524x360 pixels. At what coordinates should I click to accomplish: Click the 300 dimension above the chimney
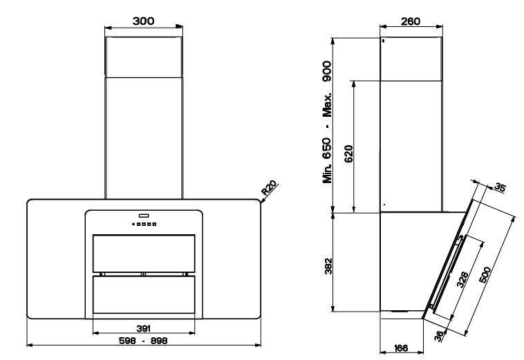click(x=143, y=21)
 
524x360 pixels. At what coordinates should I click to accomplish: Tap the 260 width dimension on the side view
click(x=411, y=21)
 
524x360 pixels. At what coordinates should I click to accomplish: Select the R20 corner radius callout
click(x=270, y=188)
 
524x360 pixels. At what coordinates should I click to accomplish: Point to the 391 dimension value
click(x=143, y=329)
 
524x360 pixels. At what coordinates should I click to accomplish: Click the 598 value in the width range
click(x=127, y=341)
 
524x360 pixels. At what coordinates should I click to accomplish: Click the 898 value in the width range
click(x=159, y=341)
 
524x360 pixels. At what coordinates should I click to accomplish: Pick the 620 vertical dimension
click(x=348, y=153)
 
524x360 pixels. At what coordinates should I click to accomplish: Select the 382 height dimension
click(x=328, y=266)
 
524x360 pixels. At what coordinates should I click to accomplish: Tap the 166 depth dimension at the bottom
click(x=401, y=348)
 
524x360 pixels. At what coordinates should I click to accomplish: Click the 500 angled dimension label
click(x=485, y=274)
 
